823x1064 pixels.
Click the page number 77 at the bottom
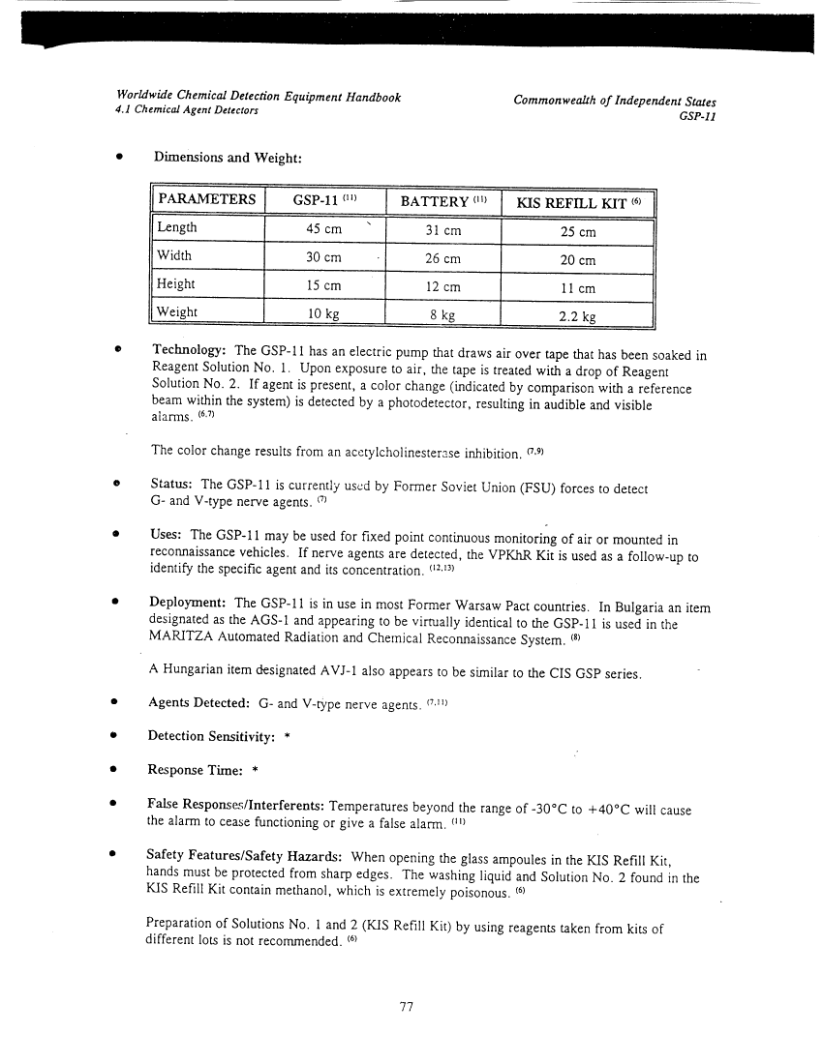click(x=407, y=1007)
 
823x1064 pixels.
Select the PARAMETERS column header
click(x=207, y=200)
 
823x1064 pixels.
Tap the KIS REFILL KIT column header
click(x=577, y=201)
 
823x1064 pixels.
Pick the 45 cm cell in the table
click(x=323, y=229)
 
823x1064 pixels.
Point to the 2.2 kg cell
click(x=577, y=315)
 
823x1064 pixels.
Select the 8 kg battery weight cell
click(x=442, y=314)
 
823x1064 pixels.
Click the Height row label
click(x=176, y=283)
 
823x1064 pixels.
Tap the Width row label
click(x=174, y=255)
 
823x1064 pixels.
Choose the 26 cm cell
click(x=442, y=258)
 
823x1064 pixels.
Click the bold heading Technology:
click(x=189, y=349)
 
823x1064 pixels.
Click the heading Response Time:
click(x=193, y=771)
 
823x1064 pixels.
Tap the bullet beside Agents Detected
click(x=115, y=703)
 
